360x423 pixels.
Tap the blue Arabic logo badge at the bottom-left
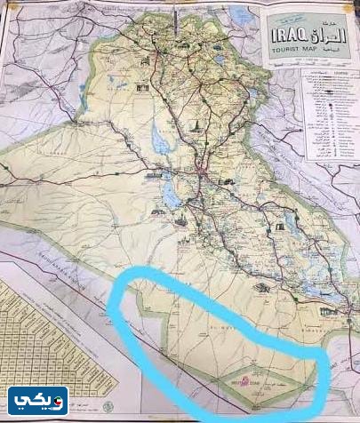[x=38, y=402]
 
